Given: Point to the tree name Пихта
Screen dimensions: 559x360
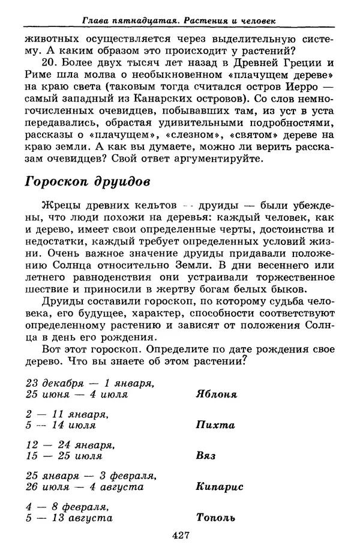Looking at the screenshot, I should (215, 425).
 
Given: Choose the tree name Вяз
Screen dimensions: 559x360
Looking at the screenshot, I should (205, 456).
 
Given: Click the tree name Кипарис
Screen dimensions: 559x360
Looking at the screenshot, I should (219, 486).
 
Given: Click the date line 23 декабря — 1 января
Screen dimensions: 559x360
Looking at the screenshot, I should (91, 384).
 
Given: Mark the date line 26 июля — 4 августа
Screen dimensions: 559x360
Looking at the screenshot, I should (82, 486).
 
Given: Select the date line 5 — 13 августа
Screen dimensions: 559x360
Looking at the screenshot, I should (70, 517).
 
